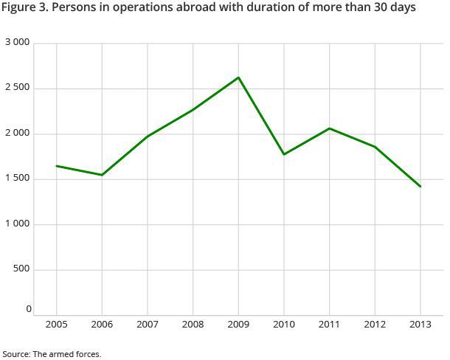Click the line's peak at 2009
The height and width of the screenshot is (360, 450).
[238, 77]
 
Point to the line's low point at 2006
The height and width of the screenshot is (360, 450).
[102, 175]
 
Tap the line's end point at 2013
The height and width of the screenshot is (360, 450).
[420, 187]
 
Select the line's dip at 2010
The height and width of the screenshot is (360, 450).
[284, 154]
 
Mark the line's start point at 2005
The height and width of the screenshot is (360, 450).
[57, 166]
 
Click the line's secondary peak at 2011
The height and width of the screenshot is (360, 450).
[330, 128]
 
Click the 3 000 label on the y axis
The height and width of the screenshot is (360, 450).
[17, 43]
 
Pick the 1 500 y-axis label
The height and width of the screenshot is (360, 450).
[17, 179]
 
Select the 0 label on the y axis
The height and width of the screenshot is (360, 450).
[29, 309]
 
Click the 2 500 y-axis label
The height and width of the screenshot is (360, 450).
[17, 89]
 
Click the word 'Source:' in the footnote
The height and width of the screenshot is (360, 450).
[16, 354]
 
